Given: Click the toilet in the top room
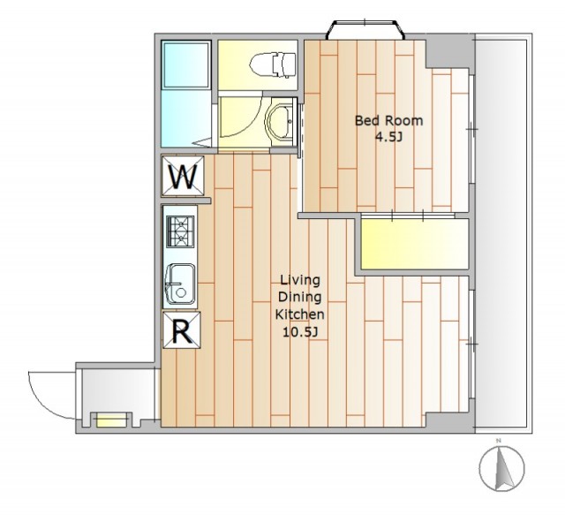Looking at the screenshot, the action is (273, 64).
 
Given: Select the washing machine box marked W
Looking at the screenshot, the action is (183, 176).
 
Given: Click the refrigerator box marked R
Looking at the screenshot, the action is (182, 330).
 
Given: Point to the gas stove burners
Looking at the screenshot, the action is (180, 231).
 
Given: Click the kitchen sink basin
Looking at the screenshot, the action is (180, 284).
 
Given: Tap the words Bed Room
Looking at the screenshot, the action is (388, 120).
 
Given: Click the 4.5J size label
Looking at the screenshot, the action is (388, 138).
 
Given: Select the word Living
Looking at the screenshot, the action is (300, 280).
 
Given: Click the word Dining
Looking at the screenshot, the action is (300, 298).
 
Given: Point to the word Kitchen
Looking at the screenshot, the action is (300, 314).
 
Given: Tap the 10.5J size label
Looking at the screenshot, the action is (300, 332).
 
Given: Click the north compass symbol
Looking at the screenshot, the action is (502, 468).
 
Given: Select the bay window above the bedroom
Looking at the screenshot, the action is (365, 29).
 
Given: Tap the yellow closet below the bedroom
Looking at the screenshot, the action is (414, 244).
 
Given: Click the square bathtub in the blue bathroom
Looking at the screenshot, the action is (186, 64).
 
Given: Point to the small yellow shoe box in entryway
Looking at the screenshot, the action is (111, 420).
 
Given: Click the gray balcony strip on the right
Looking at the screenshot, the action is (503, 233).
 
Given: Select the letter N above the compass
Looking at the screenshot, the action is (499, 441).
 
